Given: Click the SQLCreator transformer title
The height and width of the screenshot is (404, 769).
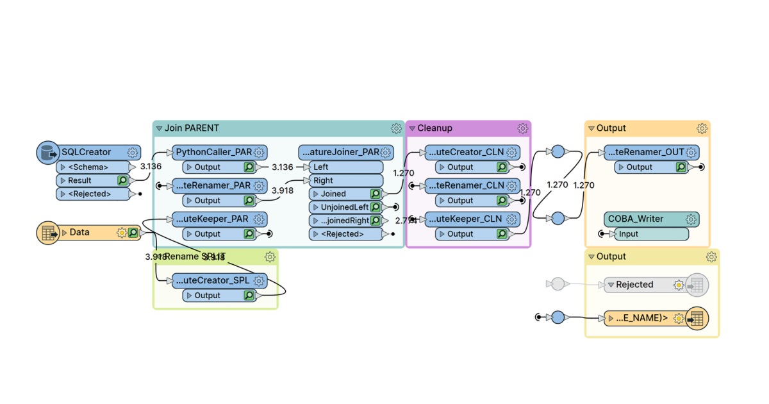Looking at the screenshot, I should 86,153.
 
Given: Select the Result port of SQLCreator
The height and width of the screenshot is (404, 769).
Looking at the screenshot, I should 80,181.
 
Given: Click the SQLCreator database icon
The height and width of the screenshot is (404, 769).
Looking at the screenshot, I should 46,153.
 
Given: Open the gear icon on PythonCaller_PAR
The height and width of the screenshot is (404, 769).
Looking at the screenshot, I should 259,153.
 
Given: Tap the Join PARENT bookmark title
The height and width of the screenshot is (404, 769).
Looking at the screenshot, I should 192,128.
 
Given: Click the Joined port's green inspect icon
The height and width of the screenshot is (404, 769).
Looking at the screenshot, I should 375,194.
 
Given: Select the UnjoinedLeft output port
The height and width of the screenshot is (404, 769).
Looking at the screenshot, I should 343,207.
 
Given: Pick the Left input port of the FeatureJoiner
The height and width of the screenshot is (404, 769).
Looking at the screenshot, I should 321,167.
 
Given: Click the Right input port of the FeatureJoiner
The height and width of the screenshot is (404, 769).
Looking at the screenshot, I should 323,181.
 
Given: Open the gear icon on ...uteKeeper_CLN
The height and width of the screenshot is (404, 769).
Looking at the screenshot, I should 511,219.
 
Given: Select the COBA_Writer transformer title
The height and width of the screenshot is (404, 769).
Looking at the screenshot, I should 636,219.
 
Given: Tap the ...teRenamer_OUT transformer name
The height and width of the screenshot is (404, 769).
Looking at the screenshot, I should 644,153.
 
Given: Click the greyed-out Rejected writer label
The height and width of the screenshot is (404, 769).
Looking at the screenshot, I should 634,285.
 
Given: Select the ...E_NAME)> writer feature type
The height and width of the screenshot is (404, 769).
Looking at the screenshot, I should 641,318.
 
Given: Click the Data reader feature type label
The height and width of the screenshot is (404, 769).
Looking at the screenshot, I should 79,232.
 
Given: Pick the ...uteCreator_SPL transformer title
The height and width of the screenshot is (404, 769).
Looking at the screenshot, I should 212,281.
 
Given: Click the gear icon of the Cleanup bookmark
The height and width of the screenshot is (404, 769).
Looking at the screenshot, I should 522,128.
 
